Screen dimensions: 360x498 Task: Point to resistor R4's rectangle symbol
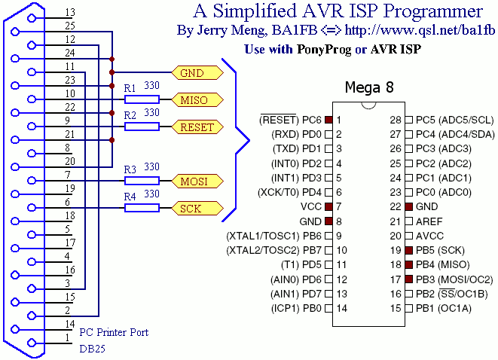(x=142, y=208)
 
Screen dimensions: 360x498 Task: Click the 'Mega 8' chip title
(x=369, y=87)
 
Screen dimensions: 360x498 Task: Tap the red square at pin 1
(x=329, y=120)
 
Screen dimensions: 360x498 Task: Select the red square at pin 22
(x=408, y=206)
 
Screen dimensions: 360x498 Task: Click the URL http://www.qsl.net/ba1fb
(x=429, y=31)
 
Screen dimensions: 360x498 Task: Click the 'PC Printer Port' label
(x=114, y=332)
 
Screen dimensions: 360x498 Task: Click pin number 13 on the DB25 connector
(x=69, y=13)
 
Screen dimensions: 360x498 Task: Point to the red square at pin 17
(x=408, y=278)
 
